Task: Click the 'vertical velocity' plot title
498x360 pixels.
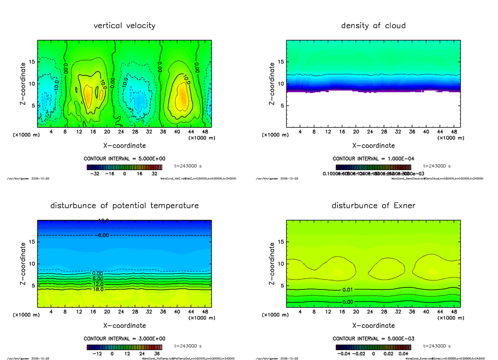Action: pos(124,26)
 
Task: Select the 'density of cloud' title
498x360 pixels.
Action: pos(373,26)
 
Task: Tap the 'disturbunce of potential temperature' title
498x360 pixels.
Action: pos(124,206)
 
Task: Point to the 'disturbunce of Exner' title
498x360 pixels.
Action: pos(373,206)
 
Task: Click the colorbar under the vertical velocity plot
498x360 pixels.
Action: pos(124,168)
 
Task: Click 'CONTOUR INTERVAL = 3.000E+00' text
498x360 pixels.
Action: pos(124,338)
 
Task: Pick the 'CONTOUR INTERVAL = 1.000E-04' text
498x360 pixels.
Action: pos(373,159)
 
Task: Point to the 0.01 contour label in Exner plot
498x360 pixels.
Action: pos(348,289)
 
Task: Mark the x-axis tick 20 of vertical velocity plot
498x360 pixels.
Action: pos(107,132)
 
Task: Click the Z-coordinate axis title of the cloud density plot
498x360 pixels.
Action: pos(272,84)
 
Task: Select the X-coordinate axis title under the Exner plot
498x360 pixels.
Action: pos(373,326)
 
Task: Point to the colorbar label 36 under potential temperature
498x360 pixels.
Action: pos(157,354)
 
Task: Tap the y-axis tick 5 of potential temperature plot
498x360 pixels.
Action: pos(32,285)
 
